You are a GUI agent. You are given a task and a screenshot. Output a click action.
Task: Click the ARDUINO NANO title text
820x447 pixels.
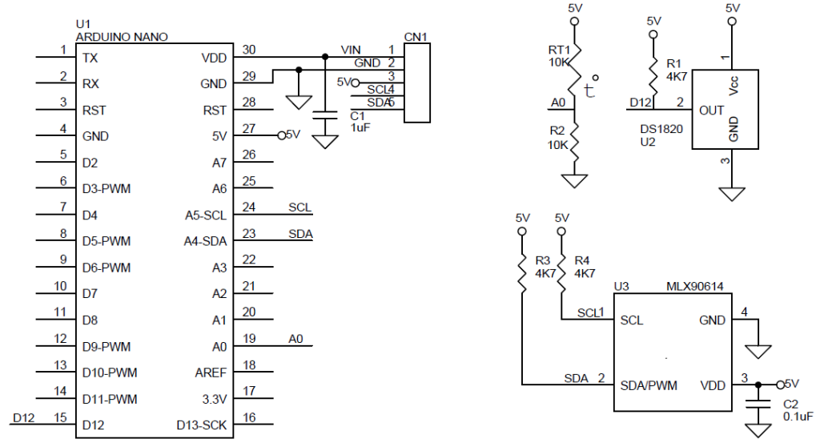pyautogui.click(x=122, y=37)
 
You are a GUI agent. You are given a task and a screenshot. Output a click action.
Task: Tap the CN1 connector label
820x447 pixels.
pyautogui.click(x=416, y=37)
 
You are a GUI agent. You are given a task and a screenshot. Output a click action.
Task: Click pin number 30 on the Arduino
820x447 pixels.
pyautogui.click(x=249, y=50)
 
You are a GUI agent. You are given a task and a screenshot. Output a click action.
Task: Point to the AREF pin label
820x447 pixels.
pyautogui.click(x=211, y=372)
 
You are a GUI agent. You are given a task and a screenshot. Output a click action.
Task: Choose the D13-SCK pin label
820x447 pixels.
pyautogui.click(x=201, y=425)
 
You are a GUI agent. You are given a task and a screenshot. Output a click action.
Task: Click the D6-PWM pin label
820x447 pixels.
pyautogui.click(x=107, y=268)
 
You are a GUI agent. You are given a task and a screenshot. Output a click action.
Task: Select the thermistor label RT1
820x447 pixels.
pyautogui.click(x=559, y=50)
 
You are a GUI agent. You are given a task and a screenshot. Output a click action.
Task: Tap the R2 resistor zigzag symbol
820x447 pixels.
pyautogui.click(x=574, y=142)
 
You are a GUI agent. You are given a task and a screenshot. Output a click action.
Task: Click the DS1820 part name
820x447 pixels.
pyautogui.click(x=661, y=129)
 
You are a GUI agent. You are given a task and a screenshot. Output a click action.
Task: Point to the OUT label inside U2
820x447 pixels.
pyautogui.click(x=711, y=111)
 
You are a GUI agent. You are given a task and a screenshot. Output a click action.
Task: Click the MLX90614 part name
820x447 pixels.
pyautogui.click(x=694, y=286)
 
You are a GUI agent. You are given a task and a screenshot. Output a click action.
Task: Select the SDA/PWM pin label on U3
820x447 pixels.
pyautogui.click(x=649, y=386)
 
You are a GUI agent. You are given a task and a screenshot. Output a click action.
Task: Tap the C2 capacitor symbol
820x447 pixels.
pyautogui.click(x=758, y=404)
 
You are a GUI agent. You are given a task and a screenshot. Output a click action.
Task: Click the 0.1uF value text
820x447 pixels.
pyautogui.click(x=798, y=417)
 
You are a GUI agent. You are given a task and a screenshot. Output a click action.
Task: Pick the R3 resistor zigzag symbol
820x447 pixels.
pyautogui.click(x=522, y=272)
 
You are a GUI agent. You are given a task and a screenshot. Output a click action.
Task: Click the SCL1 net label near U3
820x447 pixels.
pyautogui.click(x=590, y=312)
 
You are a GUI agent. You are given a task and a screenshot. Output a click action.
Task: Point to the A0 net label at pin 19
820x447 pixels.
pyautogui.click(x=296, y=339)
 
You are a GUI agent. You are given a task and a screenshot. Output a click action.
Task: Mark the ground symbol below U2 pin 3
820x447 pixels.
pyautogui.click(x=732, y=194)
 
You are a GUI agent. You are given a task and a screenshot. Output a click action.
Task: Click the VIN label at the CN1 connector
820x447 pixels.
pyautogui.click(x=351, y=50)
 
